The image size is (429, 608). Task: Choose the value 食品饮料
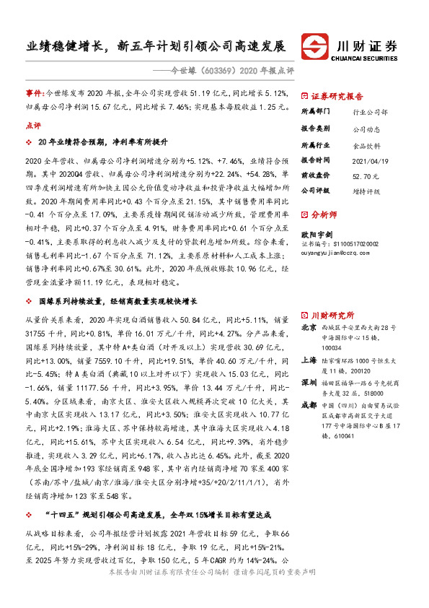coord(366,144)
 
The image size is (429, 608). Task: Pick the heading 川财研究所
coord(332,315)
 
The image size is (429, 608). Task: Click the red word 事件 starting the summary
coord(34,94)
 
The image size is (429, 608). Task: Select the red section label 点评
coord(33,124)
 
